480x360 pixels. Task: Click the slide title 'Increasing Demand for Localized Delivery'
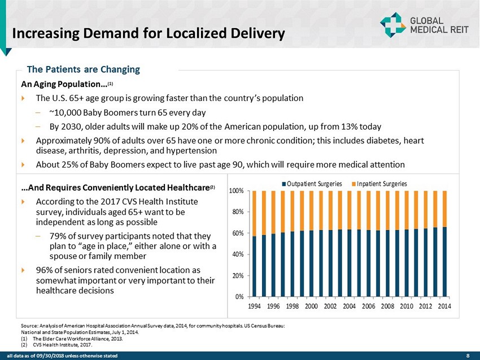[149, 34]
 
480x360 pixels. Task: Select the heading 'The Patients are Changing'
[84, 70]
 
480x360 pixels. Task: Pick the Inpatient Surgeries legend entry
[379, 183]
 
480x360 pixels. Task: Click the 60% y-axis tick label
[238, 233]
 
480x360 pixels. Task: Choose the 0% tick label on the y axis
[239, 296]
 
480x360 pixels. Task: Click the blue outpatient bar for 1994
[255, 266]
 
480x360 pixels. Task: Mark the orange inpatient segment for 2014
[444, 209]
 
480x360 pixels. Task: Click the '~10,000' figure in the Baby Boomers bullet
[63, 112]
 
